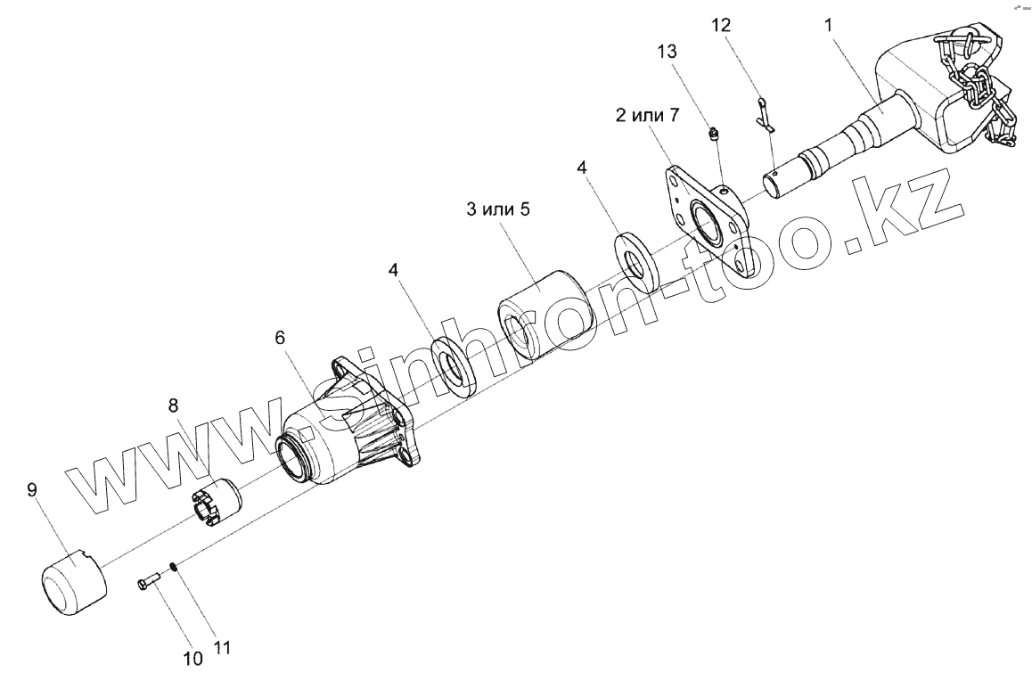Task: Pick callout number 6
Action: point(280,338)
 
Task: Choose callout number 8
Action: point(172,404)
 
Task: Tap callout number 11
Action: point(223,649)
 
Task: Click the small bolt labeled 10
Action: point(149,583)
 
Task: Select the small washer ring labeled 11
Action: point(173,566)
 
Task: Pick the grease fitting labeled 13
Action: point(713,135)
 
